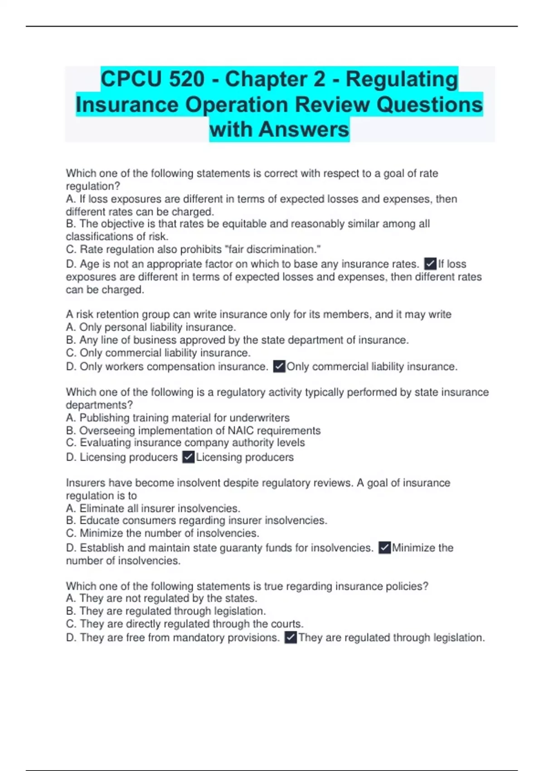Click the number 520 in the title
(186, 79)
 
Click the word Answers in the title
(304, 129)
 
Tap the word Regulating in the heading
(402, 79)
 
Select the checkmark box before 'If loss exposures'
(430, 264)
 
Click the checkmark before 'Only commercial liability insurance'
(279, 366)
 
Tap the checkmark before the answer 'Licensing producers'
(188, 457)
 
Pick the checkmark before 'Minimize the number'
(384, 547)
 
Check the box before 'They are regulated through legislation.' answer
(291, 637)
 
